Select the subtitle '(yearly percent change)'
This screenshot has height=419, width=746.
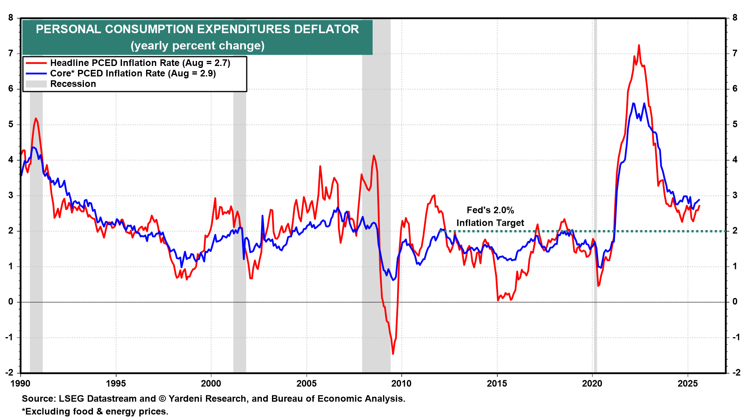197,46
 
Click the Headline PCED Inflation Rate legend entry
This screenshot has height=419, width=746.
140,63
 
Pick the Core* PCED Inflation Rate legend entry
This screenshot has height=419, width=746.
132,73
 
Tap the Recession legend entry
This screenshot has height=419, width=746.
73,84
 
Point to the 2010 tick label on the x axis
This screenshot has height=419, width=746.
401,384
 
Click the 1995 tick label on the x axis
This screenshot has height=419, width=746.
116,384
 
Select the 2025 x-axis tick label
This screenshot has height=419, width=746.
687,384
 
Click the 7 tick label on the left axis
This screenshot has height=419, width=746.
11,54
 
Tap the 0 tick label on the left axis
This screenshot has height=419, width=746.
11,302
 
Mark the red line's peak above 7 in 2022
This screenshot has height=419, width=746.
639,45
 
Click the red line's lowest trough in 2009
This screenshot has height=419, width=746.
393,353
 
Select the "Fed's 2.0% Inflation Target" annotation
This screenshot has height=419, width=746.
490,216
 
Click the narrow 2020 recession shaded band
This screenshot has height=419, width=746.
595,194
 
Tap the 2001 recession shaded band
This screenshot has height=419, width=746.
239,194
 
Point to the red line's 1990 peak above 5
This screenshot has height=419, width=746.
36,118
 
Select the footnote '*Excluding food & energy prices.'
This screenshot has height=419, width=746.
95,412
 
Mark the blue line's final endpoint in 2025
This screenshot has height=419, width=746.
699,200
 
